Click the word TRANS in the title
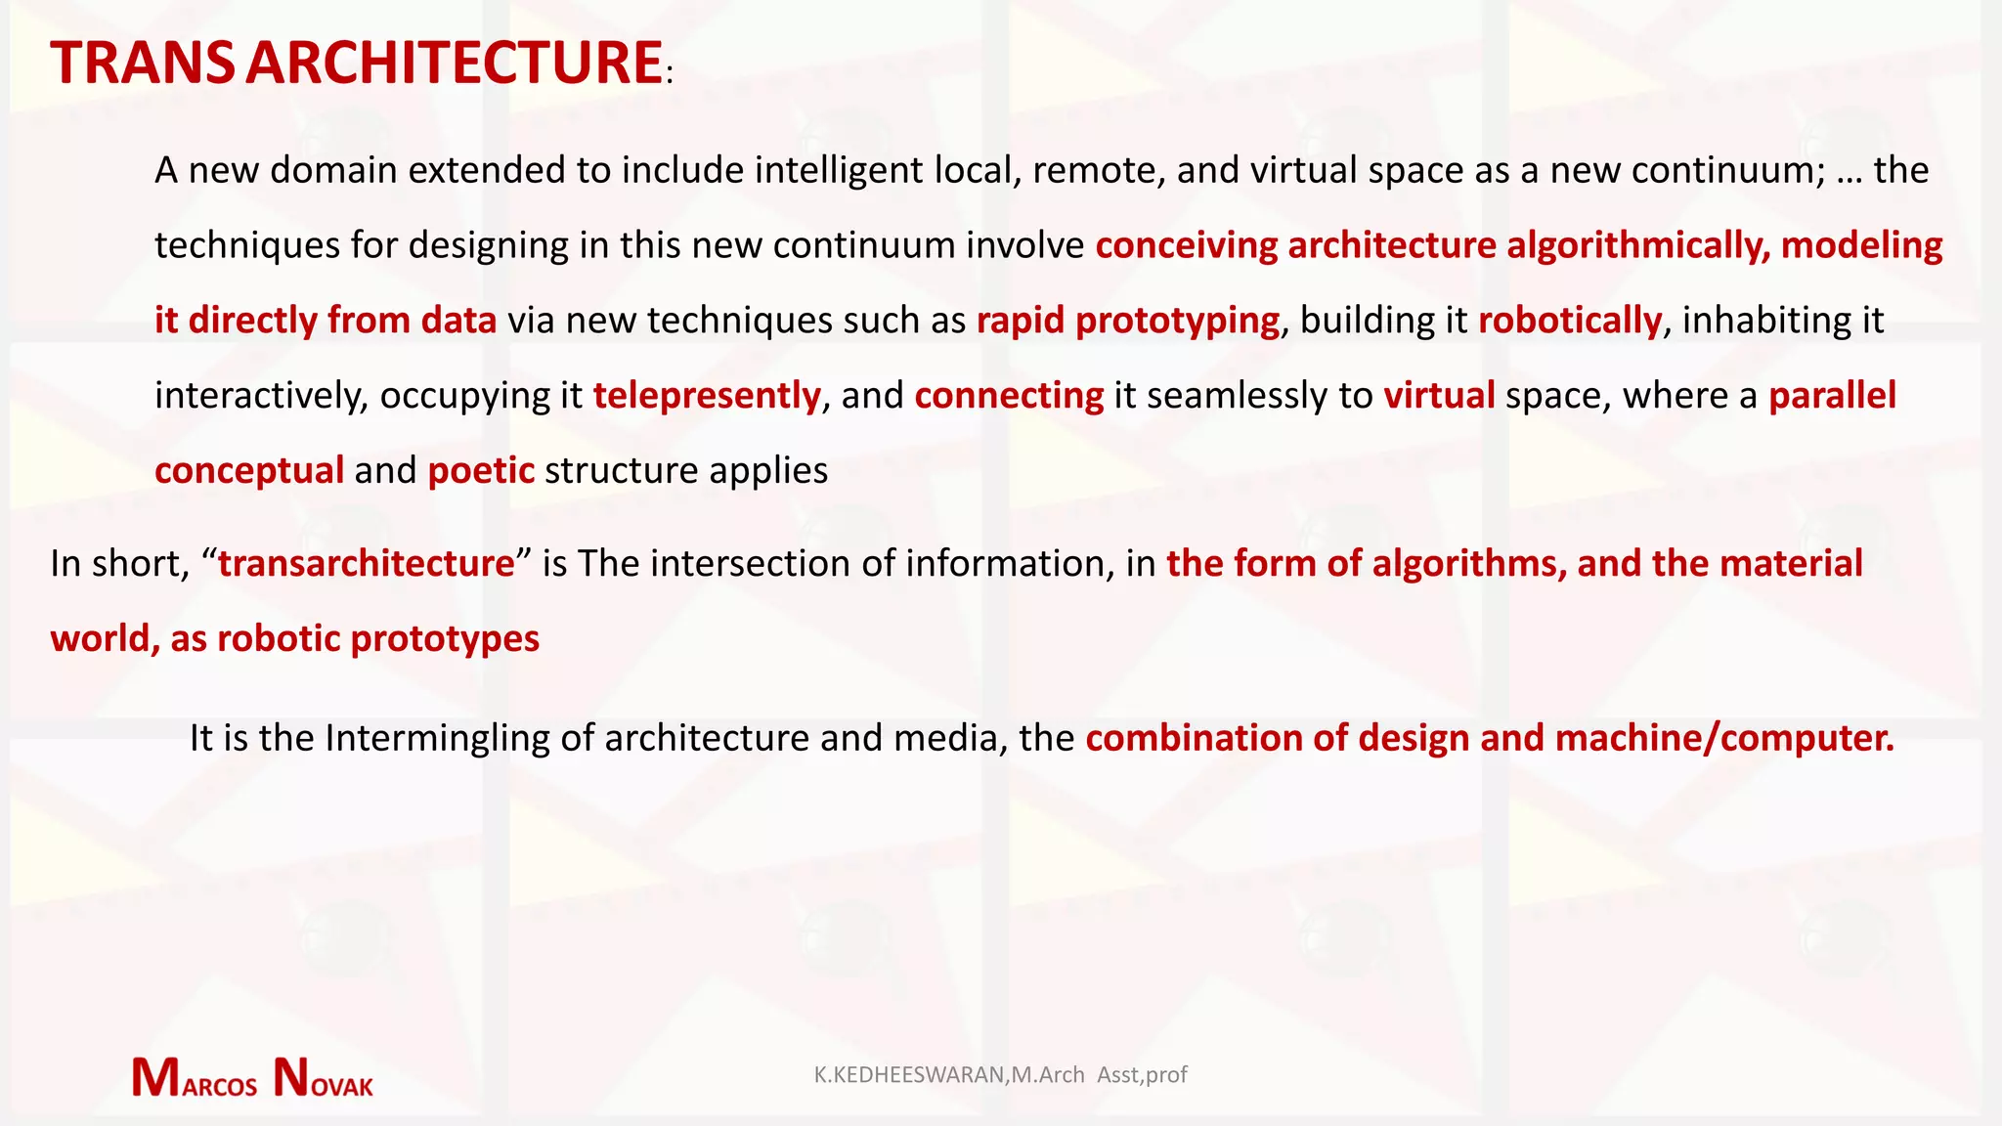click(143, 64)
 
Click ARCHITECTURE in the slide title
click(455, 64)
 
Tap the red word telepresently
click(706, 396)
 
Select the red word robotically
click(1569, 321)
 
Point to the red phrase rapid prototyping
click(1127, 321)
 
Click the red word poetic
click(481, 471)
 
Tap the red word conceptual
click(249, 471)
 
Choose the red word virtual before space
click(1439, 396)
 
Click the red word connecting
click(1009, 396)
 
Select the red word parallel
click(1832, 396)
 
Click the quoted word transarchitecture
click(366, 564)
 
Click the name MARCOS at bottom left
click(195, 1079)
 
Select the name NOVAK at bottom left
click(324, 1079)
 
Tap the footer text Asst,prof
click(1142, 1075)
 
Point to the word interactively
click(261, 396)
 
